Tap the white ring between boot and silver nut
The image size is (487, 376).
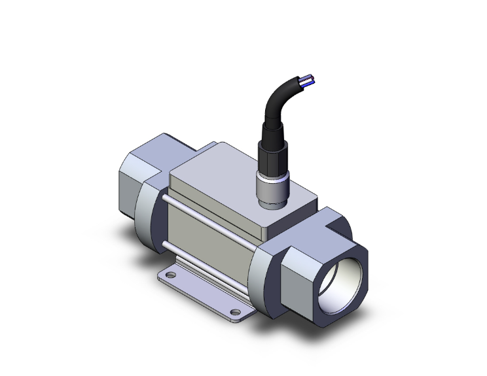point(269,177)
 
